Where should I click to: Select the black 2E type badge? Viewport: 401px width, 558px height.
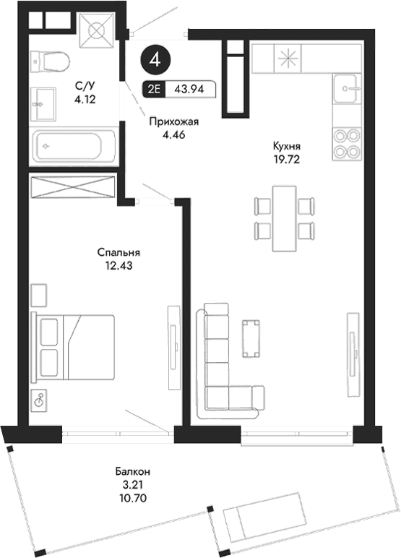tap(154, 91)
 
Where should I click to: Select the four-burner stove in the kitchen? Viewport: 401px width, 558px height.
tap(348, 142)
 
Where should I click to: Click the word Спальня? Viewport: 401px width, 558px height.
tap(118, 253)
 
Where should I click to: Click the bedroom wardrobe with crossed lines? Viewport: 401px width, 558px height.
tap(73, 186)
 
